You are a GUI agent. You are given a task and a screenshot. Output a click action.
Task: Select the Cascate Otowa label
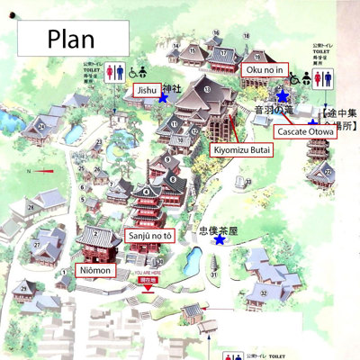306,132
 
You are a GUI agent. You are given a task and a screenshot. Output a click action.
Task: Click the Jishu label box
145,90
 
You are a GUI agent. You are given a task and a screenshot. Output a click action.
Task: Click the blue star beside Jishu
163,97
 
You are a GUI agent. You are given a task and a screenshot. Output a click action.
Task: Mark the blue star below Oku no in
283,94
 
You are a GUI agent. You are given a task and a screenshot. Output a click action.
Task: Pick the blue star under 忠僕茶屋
220,240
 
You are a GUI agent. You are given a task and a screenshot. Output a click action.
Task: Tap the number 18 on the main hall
207,89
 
